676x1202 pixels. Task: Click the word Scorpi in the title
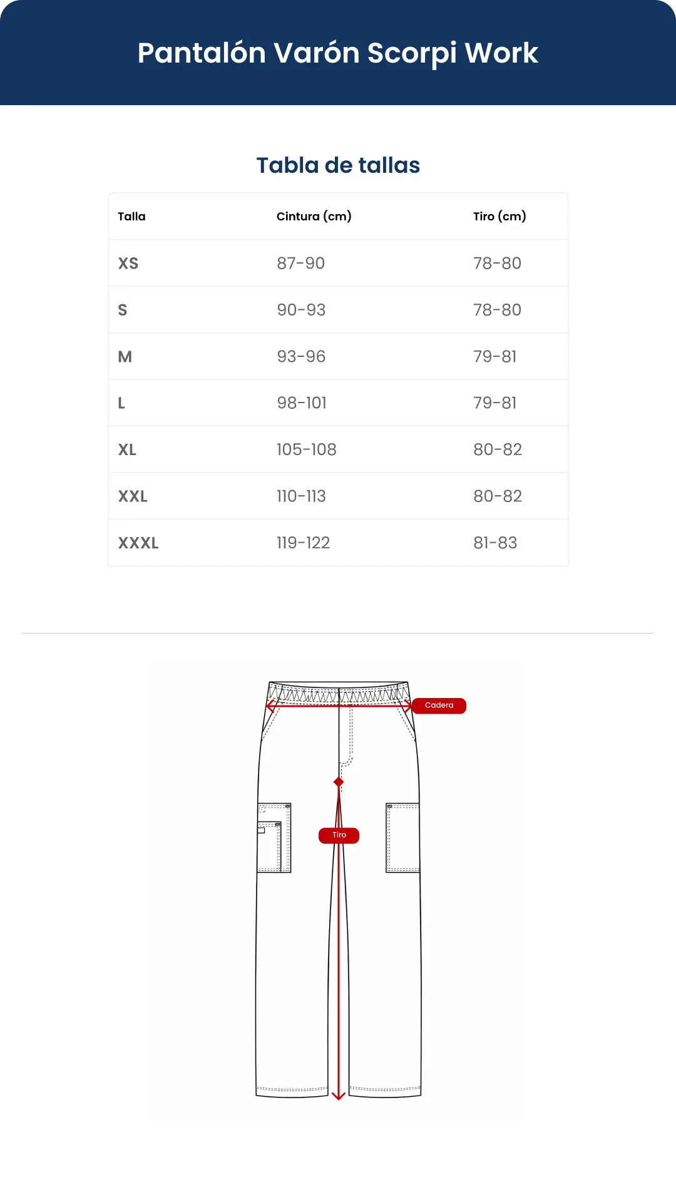coord(412,53)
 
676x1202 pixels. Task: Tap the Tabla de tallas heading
coord(338,165)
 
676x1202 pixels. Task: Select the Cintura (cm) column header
coord(314,217)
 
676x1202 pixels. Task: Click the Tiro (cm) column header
coord(499,217)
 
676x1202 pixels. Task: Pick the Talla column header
coord(131,217)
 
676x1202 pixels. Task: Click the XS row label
coord(128,264)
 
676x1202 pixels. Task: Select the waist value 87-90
coord(301,264)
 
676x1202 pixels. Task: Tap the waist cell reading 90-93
coord(301,310)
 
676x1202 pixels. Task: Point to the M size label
coord(125,357)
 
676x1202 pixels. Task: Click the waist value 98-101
coord(302,403)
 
